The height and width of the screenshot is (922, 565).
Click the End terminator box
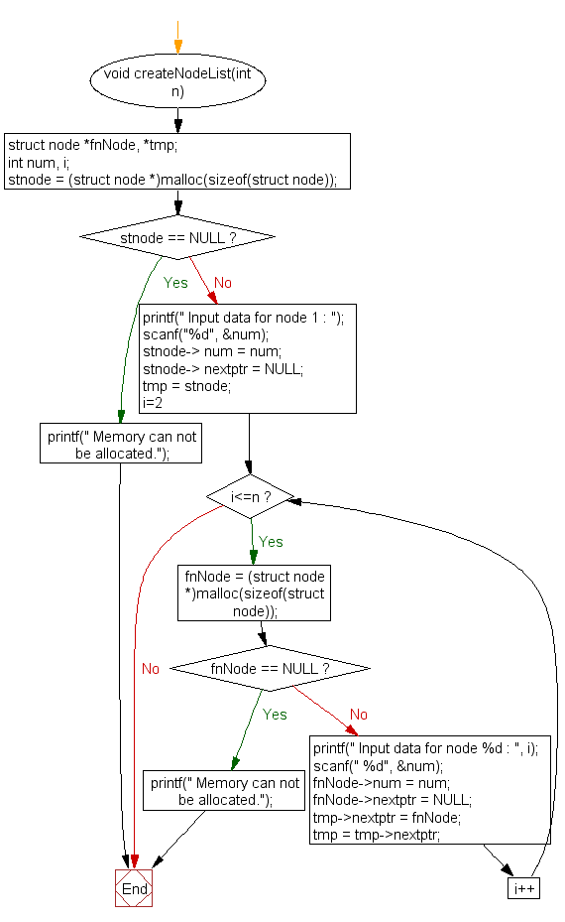134,889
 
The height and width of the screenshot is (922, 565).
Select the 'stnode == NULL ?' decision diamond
177,238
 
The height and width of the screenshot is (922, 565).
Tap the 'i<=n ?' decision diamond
251,495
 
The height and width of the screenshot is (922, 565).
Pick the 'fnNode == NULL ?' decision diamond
270,669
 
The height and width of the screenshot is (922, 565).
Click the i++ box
523,889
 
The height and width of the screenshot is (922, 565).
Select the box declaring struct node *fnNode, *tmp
178,162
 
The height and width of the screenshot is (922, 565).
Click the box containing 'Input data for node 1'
248,358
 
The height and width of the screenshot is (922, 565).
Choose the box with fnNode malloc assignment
255,593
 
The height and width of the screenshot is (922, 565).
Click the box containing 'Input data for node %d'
429,791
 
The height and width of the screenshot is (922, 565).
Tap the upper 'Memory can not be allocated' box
122,445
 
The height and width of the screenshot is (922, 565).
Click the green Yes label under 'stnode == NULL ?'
175,283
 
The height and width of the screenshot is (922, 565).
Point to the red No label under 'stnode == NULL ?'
223,283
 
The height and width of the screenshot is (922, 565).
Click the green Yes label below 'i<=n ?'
271,542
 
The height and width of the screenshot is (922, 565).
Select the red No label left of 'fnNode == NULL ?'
151,669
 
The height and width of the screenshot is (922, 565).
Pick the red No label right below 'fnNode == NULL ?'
359,715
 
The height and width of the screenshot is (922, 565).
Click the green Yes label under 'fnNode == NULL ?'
275,715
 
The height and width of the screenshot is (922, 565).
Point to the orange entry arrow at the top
178,45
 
